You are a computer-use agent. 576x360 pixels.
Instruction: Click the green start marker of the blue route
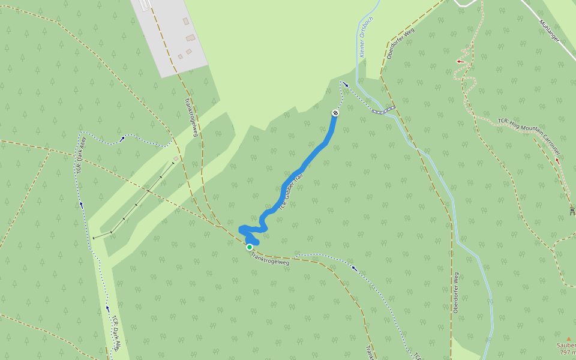[x=250, y=247]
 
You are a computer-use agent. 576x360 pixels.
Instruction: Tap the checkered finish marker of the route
[x=335, y=113]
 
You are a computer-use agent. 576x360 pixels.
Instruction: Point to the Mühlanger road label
[x=550, y=31]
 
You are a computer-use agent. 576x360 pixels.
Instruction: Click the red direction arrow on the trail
[x=461, y=61]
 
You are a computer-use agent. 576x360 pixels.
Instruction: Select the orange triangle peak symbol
[x=569, y=338]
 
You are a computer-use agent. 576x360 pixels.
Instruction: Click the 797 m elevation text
[x=568, y=353]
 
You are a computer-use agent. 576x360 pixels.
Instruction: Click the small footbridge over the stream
[x=383, y=110]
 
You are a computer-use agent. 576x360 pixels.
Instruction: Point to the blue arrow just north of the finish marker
[x=346, y=85]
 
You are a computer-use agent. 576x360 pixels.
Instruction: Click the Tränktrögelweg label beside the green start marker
[x=270, y=259]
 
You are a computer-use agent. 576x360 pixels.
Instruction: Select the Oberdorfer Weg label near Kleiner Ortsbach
[x=401, y=44]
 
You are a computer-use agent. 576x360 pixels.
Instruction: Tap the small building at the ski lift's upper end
[x=176, y=158]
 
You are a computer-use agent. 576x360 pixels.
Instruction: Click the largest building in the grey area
[x=191, y=38]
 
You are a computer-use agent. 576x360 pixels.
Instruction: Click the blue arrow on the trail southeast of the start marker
[x=354, y=268]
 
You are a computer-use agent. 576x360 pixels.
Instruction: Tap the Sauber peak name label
[x=566, y=345]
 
